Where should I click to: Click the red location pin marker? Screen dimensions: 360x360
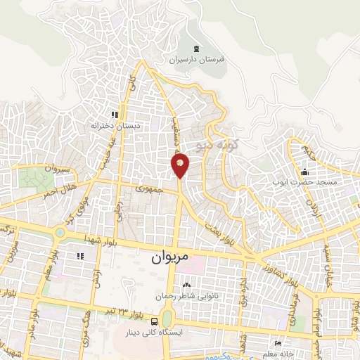[x=180, y=166]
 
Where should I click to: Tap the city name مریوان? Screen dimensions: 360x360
[x=170, y=258]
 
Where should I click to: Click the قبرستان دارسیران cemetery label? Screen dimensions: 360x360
[x=195, y=60]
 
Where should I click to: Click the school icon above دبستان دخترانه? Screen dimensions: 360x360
[x=115, y=114]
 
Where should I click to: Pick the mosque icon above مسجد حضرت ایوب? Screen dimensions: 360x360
[x=304, y=171]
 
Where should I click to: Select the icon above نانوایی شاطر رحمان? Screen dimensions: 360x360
[x=187, y=285]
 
